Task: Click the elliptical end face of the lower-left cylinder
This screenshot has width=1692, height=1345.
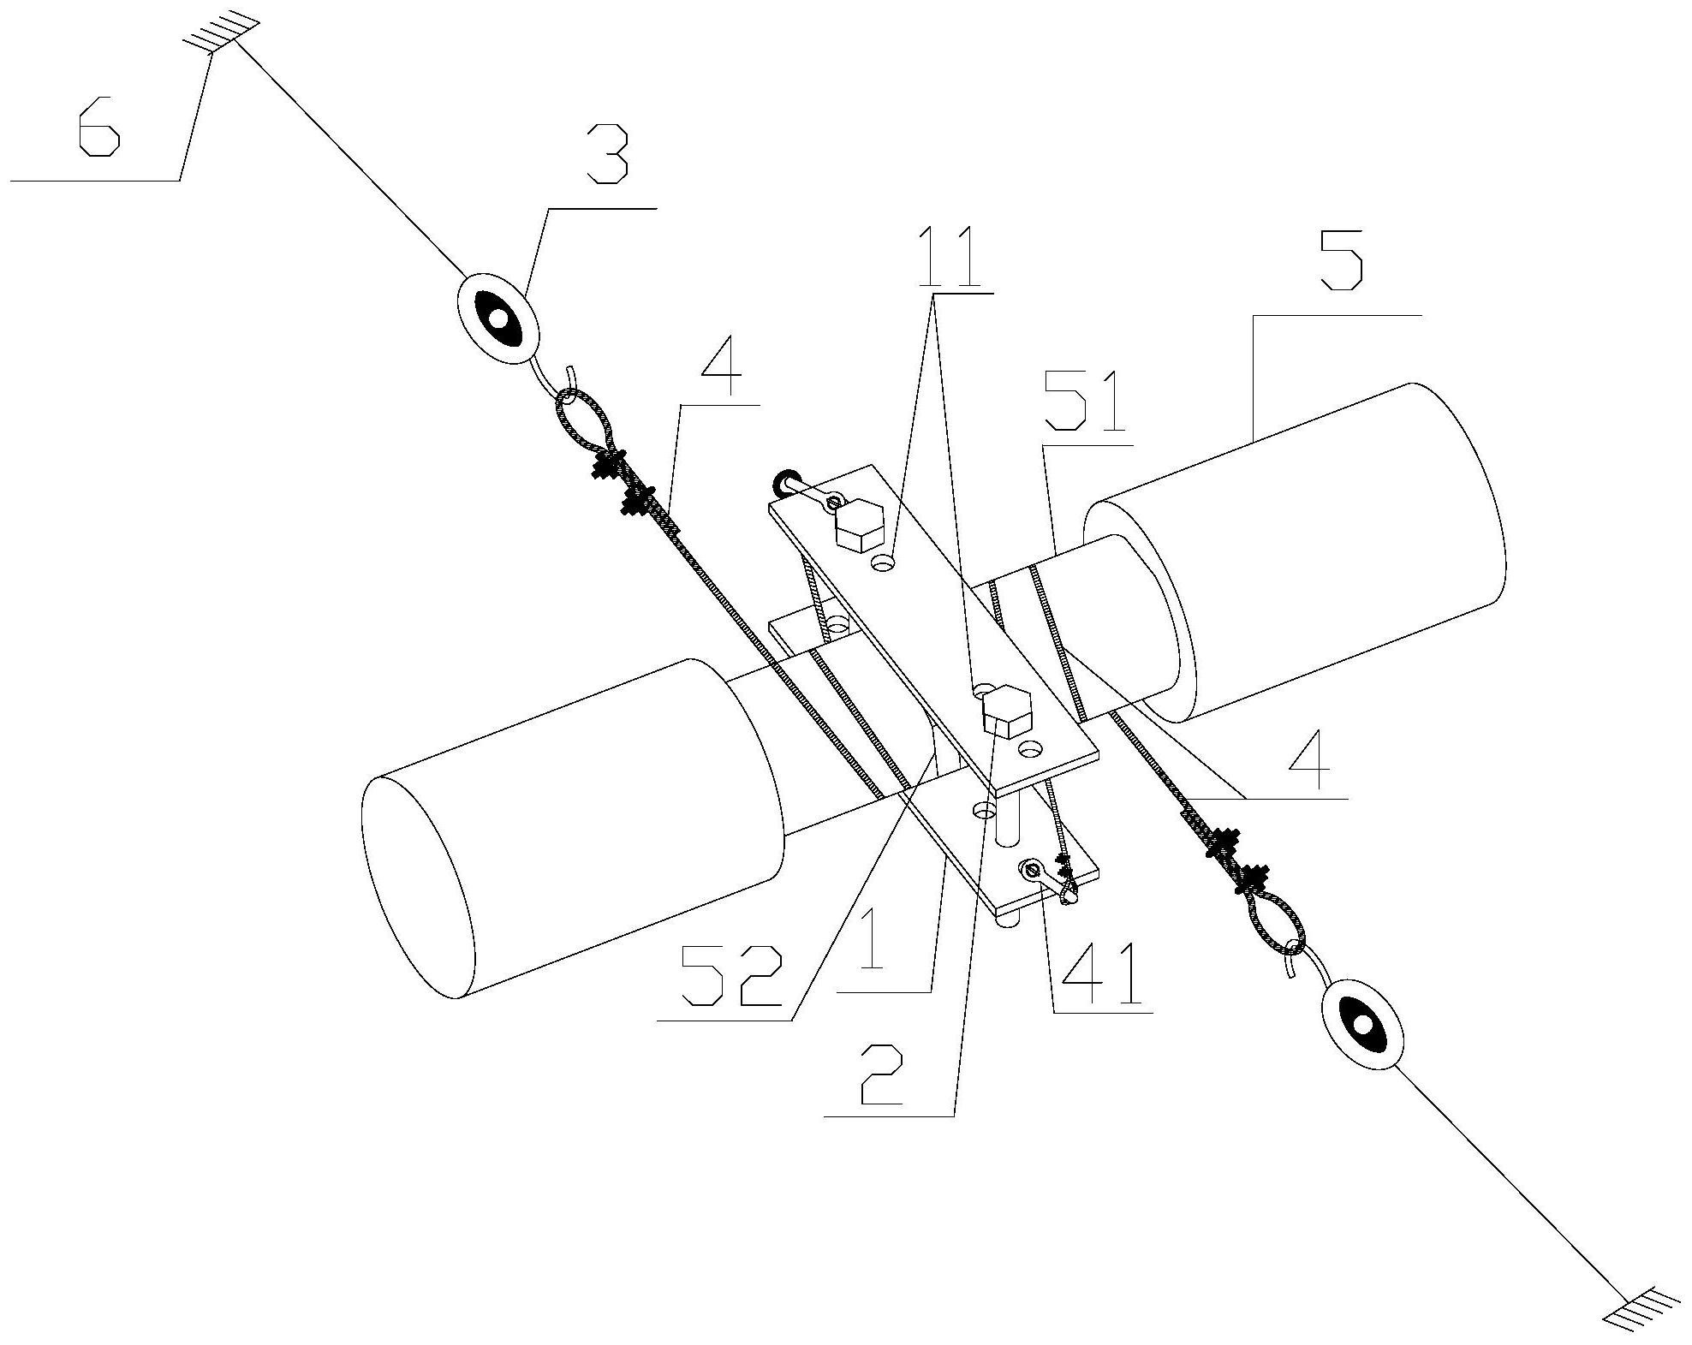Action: (x=417, y=886)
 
